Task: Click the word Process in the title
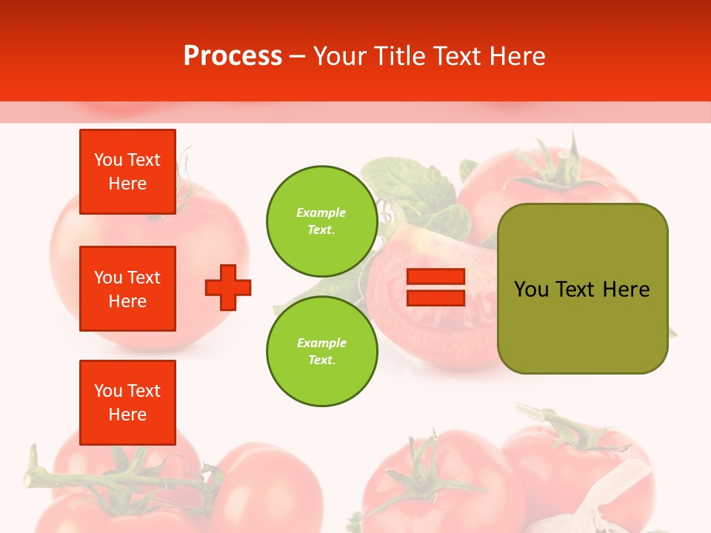233,56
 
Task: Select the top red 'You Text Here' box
127,172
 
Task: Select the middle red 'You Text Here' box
127,289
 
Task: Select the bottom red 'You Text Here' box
127,403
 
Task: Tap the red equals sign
435,288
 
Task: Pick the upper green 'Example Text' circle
321,221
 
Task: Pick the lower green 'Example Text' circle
321,352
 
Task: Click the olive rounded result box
582,289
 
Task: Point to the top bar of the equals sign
435,278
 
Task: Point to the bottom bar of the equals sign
435,298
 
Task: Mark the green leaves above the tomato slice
415,189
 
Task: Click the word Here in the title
518,56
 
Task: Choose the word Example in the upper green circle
321,213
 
